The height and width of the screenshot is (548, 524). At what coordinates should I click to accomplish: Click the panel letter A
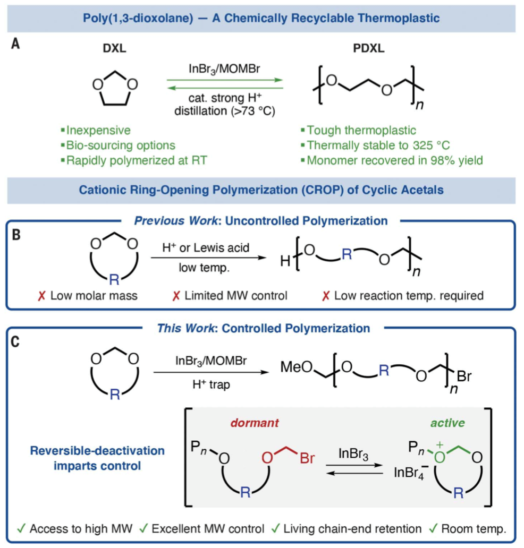pos(16,45)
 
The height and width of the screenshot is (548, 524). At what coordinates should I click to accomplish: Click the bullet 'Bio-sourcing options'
pos(120,145)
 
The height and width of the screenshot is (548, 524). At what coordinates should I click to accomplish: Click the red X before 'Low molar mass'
pos(42,295)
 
